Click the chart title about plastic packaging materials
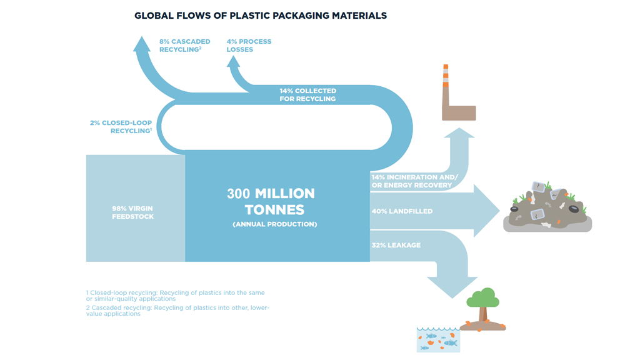point(261,16)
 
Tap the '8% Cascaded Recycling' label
point(184,45)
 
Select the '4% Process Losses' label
point(249,45)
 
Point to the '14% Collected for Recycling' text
point(307,95)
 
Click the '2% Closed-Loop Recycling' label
point(121,126)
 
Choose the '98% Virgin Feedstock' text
point(132,212)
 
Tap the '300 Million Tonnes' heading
point(271,201)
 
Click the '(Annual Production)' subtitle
point(275,224)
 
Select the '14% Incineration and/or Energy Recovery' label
point(414,181)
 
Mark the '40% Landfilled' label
point(402,211)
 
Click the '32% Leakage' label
point(396,245)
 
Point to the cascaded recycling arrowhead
point(142,44)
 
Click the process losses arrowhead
point(233,62)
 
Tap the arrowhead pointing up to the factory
point(459,133)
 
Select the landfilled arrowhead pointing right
point(486,211)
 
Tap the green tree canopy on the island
point(483,297)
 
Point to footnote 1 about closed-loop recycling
point(175,296)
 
